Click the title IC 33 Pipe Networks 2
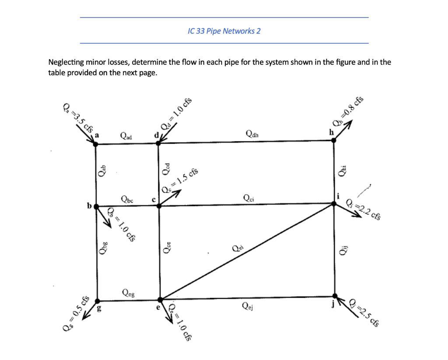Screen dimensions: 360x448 (224, 31)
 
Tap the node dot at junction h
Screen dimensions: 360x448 (334, 140)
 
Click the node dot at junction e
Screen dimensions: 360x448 (160, 300)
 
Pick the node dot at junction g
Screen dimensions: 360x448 (97, 301)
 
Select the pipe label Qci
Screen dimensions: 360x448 (248, 198)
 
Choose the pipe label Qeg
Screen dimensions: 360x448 (129, 293)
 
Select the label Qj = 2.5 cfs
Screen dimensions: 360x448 (364, 311)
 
